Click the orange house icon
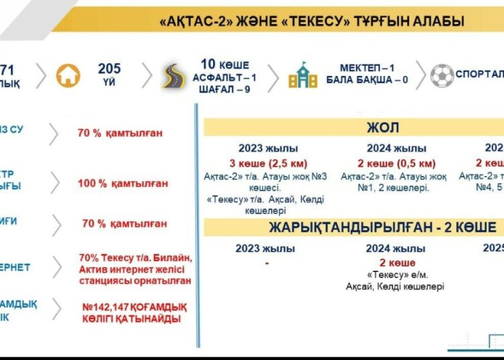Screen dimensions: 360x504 pos(69,75)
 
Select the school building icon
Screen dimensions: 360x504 pos(302,75)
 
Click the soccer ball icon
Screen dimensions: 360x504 pos(443,75)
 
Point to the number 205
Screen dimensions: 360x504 pos(110,69)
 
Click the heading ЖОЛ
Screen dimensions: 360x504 pos(384,128)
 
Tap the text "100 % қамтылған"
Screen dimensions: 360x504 pos(122,183)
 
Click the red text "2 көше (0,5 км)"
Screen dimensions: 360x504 pos(396,163)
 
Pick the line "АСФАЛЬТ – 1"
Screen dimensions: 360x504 pos(224,77)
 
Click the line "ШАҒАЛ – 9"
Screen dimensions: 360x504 pos(224,89)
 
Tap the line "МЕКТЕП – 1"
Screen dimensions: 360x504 pos(369,69)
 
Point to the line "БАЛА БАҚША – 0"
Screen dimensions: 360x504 pos(369,81)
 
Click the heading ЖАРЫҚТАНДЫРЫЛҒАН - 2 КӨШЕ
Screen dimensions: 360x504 pos(383,227)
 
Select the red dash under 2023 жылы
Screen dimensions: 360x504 pos(267,263)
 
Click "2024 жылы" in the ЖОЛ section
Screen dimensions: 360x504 pos(396,148)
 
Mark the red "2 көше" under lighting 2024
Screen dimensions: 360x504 pos(396,263)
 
